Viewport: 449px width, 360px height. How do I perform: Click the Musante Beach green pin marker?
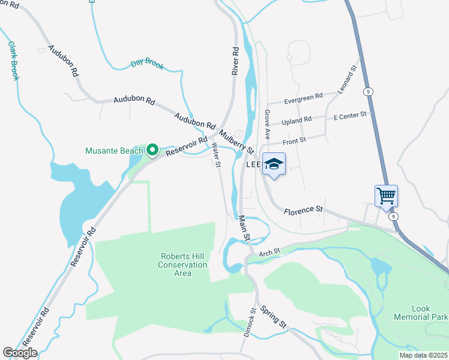pos(152,149)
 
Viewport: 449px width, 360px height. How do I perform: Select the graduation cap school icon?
pos(273,164)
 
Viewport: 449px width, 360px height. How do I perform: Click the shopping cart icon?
pos(386,195)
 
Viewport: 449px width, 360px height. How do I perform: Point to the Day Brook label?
pos(147,64)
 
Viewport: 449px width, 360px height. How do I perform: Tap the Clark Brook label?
pos(13,61)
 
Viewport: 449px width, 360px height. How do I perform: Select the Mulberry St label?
pos(237,141)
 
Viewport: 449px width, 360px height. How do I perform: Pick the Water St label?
pos(217,155)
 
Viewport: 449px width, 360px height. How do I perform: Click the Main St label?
pos(244,228)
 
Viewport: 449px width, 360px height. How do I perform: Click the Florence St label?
pos(304,210)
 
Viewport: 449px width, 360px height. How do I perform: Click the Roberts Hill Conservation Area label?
pos(183,265)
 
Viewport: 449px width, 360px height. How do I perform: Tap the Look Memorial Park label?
pos(421,313)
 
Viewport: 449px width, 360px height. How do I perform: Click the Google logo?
pos(20,353)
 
